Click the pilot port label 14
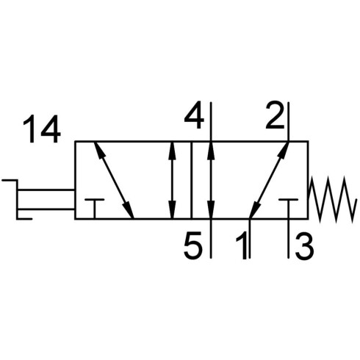tap(42, 129)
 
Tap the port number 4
tap(194, 115)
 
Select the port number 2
tap(276, 115)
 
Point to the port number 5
tap(193, 245)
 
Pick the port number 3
tap(304, 245)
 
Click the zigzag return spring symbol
tap(332, 199)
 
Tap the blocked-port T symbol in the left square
tap(94, 209)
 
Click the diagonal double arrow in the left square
tap(114, 180)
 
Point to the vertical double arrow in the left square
tap(173, 180)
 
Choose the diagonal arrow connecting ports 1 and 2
tap(269, 180)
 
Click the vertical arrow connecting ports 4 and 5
tap(211, 180)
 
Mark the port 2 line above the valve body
tap(289, 121)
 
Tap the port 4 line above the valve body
tap(211, 121)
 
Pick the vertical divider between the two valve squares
tap(191, 180)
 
